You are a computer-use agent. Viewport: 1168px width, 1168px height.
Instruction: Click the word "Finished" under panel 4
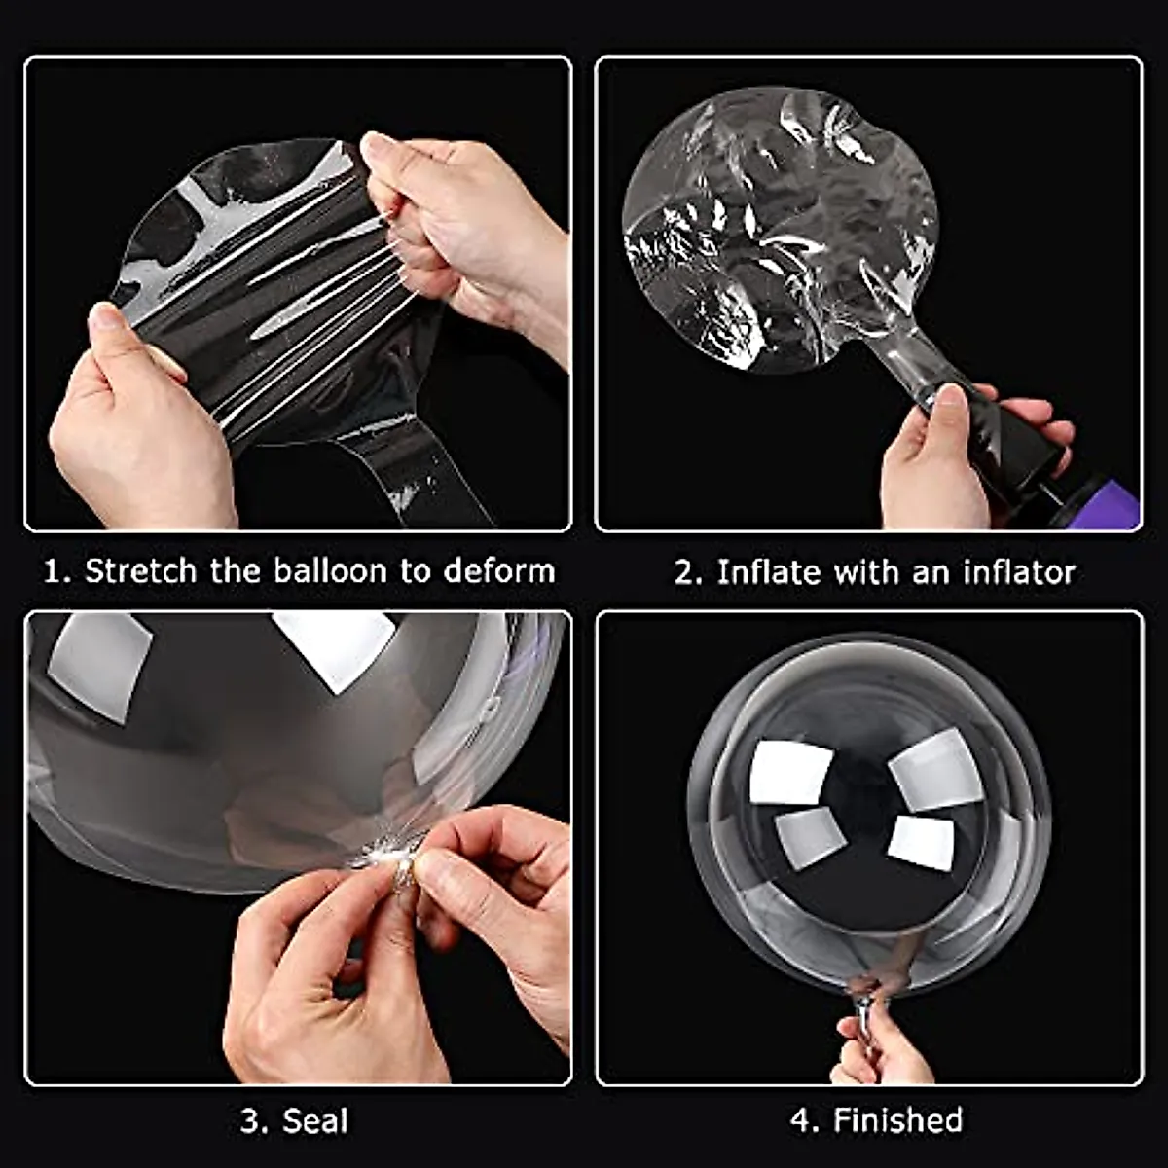pyautogui.click(x=897, y=1120)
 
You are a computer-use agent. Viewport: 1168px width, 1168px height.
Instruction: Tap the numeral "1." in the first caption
pyautogui.click(x=56, y=570)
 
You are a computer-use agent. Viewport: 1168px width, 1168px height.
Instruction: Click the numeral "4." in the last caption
pyautogui.click(x=805, y=1120)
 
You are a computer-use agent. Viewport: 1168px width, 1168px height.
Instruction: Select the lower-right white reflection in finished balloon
pyautogui.click(x=921, y=842)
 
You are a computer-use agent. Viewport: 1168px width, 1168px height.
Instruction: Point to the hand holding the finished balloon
pyautogui.click(x=876, y=1046)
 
